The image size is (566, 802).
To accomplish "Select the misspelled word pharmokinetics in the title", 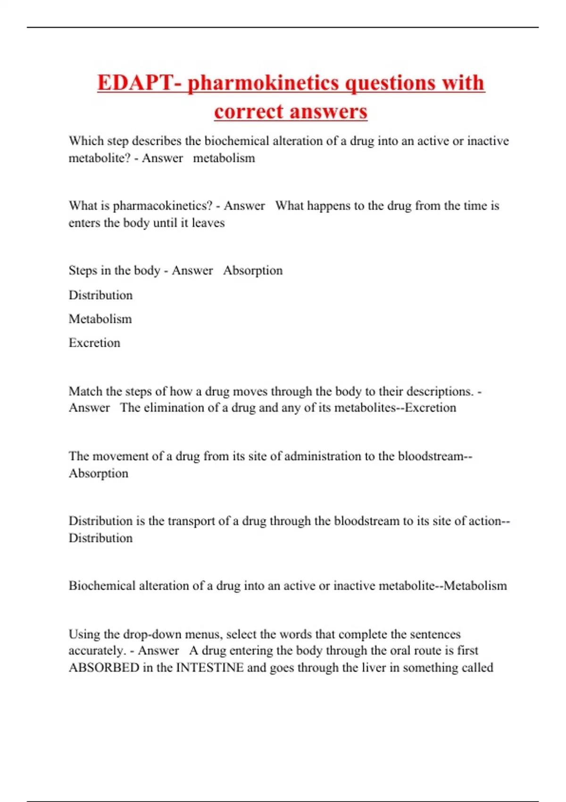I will tap(263, 83).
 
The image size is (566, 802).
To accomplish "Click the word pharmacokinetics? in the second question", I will tap(163, 206).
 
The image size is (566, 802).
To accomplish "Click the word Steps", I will tap(83, 271).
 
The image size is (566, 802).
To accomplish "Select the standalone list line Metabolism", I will tap(100, 319).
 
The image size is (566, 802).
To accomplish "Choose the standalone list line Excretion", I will tap(94, 343).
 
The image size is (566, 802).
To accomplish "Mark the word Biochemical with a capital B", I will tap(102, 585).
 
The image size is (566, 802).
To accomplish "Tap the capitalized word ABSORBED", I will tap(104, 668).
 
